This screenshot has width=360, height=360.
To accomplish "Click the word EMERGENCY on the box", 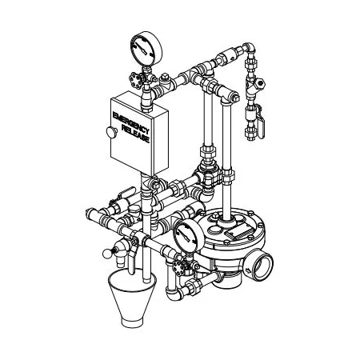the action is point(130,122).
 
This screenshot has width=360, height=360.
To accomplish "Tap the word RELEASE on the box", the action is point(136,134).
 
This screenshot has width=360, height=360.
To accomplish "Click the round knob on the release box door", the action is point(111,132).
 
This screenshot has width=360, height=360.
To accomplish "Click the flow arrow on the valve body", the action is point(248,271).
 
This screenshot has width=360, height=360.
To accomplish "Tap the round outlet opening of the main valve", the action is point(262,266).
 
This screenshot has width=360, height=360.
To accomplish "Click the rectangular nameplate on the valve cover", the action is point(238,230).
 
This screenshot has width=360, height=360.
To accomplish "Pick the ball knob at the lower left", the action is point(107,254).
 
